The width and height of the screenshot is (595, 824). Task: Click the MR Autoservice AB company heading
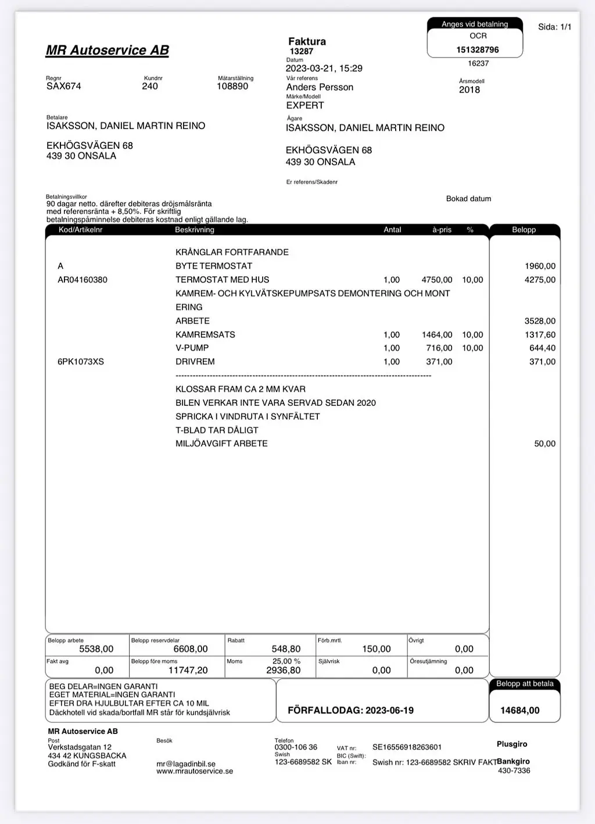click(107, 51)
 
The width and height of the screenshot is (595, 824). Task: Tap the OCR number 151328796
click(477, 50)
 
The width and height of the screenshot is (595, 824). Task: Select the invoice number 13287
click(302, 51)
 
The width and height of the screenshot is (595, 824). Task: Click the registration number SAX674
click(64, 86)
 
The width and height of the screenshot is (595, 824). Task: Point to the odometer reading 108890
click(232, 86)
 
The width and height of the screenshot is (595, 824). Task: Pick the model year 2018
click(469, 90)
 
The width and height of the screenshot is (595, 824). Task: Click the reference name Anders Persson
click(320, 87)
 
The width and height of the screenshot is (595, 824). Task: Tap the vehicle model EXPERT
click(305, 105)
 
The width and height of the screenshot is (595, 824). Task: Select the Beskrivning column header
click(195, 230)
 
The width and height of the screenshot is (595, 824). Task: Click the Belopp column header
click(524, 230)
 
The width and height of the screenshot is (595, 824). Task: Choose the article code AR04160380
click(83, 280)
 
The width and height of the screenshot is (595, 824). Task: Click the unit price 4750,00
click(437, 280)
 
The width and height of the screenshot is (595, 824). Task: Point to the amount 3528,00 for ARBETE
click(540, 321)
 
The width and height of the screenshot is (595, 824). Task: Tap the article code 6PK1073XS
click(81, 362)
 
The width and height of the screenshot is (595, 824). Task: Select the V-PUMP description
click(192, 348)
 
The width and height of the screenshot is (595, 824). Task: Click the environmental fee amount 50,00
click(544, 444)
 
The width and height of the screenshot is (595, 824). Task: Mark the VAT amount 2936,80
click(284, 670)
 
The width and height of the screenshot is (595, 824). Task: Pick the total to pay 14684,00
click(519, 710)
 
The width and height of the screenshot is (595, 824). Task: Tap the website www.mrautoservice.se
click(195, 771)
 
